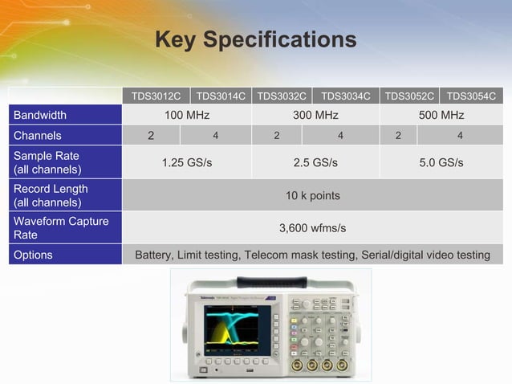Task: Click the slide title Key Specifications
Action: tap(255, 39)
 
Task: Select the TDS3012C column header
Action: tap(156, 97)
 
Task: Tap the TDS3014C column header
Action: tap(221, 97)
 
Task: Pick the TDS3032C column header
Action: tap(282, 97)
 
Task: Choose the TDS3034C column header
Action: tap(346, 97)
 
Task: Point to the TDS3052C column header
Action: tap(409, 97)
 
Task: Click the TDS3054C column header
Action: tap(471, 97)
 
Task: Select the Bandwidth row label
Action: tap(40, 116)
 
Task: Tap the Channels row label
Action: tap(38, 136)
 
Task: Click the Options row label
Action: tap(34, 255)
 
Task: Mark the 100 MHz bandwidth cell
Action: tap(187, 116)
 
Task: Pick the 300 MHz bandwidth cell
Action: tap(315, 116)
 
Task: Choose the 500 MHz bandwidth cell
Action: tap(441, 116)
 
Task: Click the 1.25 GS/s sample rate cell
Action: tap(187, 162)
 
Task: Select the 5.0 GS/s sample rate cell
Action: tap(441, 162)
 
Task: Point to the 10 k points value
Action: tap(313, 195)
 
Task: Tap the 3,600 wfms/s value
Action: tap(313, 228)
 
